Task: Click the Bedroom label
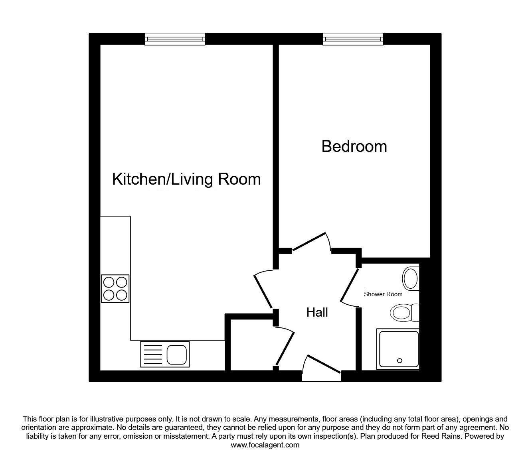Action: [x=354, y=146]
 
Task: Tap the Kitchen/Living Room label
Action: [x=186, y=179]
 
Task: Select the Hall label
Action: [x=317, y=312]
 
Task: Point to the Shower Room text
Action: [x=383, y=294]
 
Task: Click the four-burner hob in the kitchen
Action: [x=115, y=289]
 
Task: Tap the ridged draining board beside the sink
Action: [x=153, y=355]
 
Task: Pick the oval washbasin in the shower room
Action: [x=411, y=279]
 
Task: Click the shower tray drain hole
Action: [x=399, y=361]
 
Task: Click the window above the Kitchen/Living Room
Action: [x=175, y=39]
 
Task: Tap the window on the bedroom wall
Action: [x=353, y=39]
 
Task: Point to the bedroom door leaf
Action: [x=309, y=241]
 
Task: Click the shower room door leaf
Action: [x=349, y=285]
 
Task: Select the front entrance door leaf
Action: [x=324, y=364]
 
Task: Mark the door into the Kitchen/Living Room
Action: [x=263, y=291]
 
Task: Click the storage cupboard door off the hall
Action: [x=285, y=348]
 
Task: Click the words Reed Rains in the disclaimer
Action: [x=445, y=436]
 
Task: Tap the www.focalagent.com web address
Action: [x=265, y=445]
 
